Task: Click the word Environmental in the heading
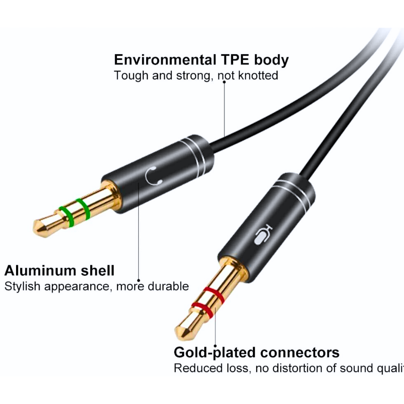[x=165, y=60]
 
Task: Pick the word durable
[x=168, y=287]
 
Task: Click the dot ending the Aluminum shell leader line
[x=138, y=280]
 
